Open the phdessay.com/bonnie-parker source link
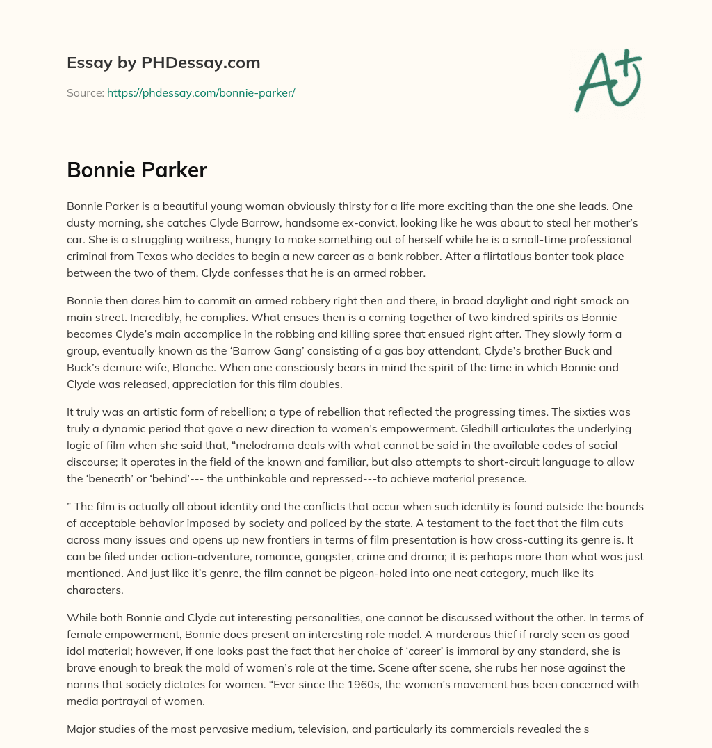click(201, 92)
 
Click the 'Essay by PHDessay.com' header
click(163, 63)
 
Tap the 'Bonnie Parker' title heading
click(137, 170)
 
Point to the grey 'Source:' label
click(86, 92)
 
